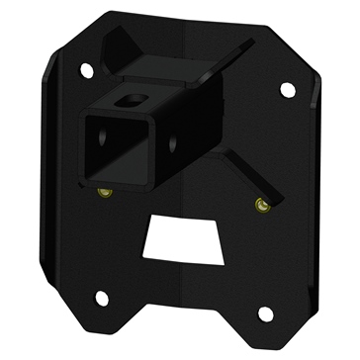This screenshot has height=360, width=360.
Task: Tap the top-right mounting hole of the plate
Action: [288, 89]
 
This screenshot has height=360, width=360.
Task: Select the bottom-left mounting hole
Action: [101, 297]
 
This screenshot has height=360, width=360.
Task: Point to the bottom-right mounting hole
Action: [264, 315]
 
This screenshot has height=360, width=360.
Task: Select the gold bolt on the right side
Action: [261, 205]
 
